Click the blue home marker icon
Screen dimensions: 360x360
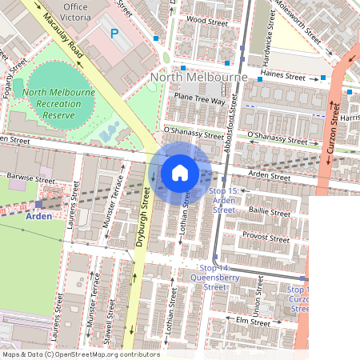(x=180, y=172)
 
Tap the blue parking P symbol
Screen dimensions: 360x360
(x=114, y=34)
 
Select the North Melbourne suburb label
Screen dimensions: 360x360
(x=198, y=77)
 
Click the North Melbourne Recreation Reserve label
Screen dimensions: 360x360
(x=58, y=104)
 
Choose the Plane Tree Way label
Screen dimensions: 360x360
(x=199, y=101)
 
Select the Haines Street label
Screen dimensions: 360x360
(x=284, y=78)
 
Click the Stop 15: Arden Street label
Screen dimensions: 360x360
(x=224, y=200)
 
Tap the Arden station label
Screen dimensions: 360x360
(x=38, y=216)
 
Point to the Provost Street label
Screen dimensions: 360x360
(x=266, y=238)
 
